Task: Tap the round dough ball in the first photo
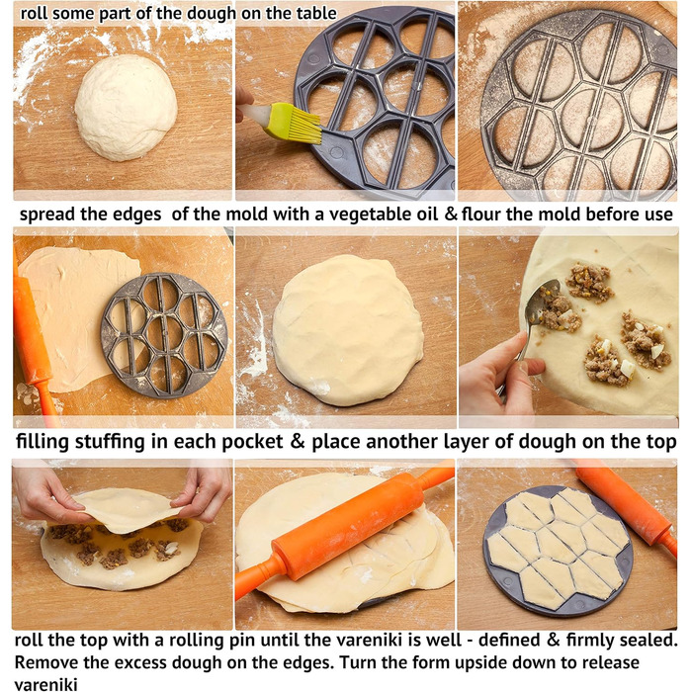[127, 108]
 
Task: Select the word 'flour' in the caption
[481, 214]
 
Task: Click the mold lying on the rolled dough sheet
[164, 335]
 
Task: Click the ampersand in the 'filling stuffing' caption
[298, 441]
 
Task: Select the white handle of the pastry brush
[255, 114]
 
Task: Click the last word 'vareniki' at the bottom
[45, 684]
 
